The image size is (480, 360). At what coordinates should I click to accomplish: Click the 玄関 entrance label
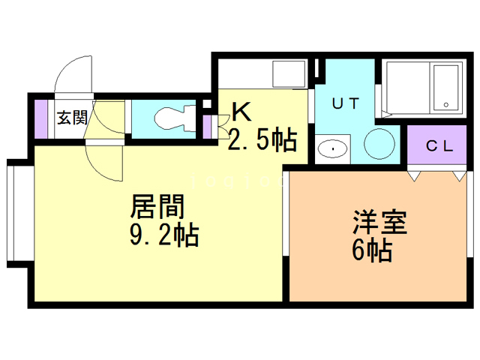click(x=73, y=117)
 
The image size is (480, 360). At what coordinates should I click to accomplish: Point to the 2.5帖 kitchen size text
click(x=262, y=139)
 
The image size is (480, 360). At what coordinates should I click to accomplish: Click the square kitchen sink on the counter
click(x=285, y=75)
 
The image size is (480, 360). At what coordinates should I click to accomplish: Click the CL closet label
click(x=440, y=146)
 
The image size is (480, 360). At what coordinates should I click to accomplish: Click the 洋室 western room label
click(x=380, y=223)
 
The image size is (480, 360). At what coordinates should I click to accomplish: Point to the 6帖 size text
click(x=371, y=252)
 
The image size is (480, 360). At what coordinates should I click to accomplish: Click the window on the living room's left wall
click(x=18, y=211)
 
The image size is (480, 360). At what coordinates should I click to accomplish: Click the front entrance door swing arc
click(x=73, y=75)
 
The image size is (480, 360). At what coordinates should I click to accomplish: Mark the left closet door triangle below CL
click(x=413, y=176)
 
